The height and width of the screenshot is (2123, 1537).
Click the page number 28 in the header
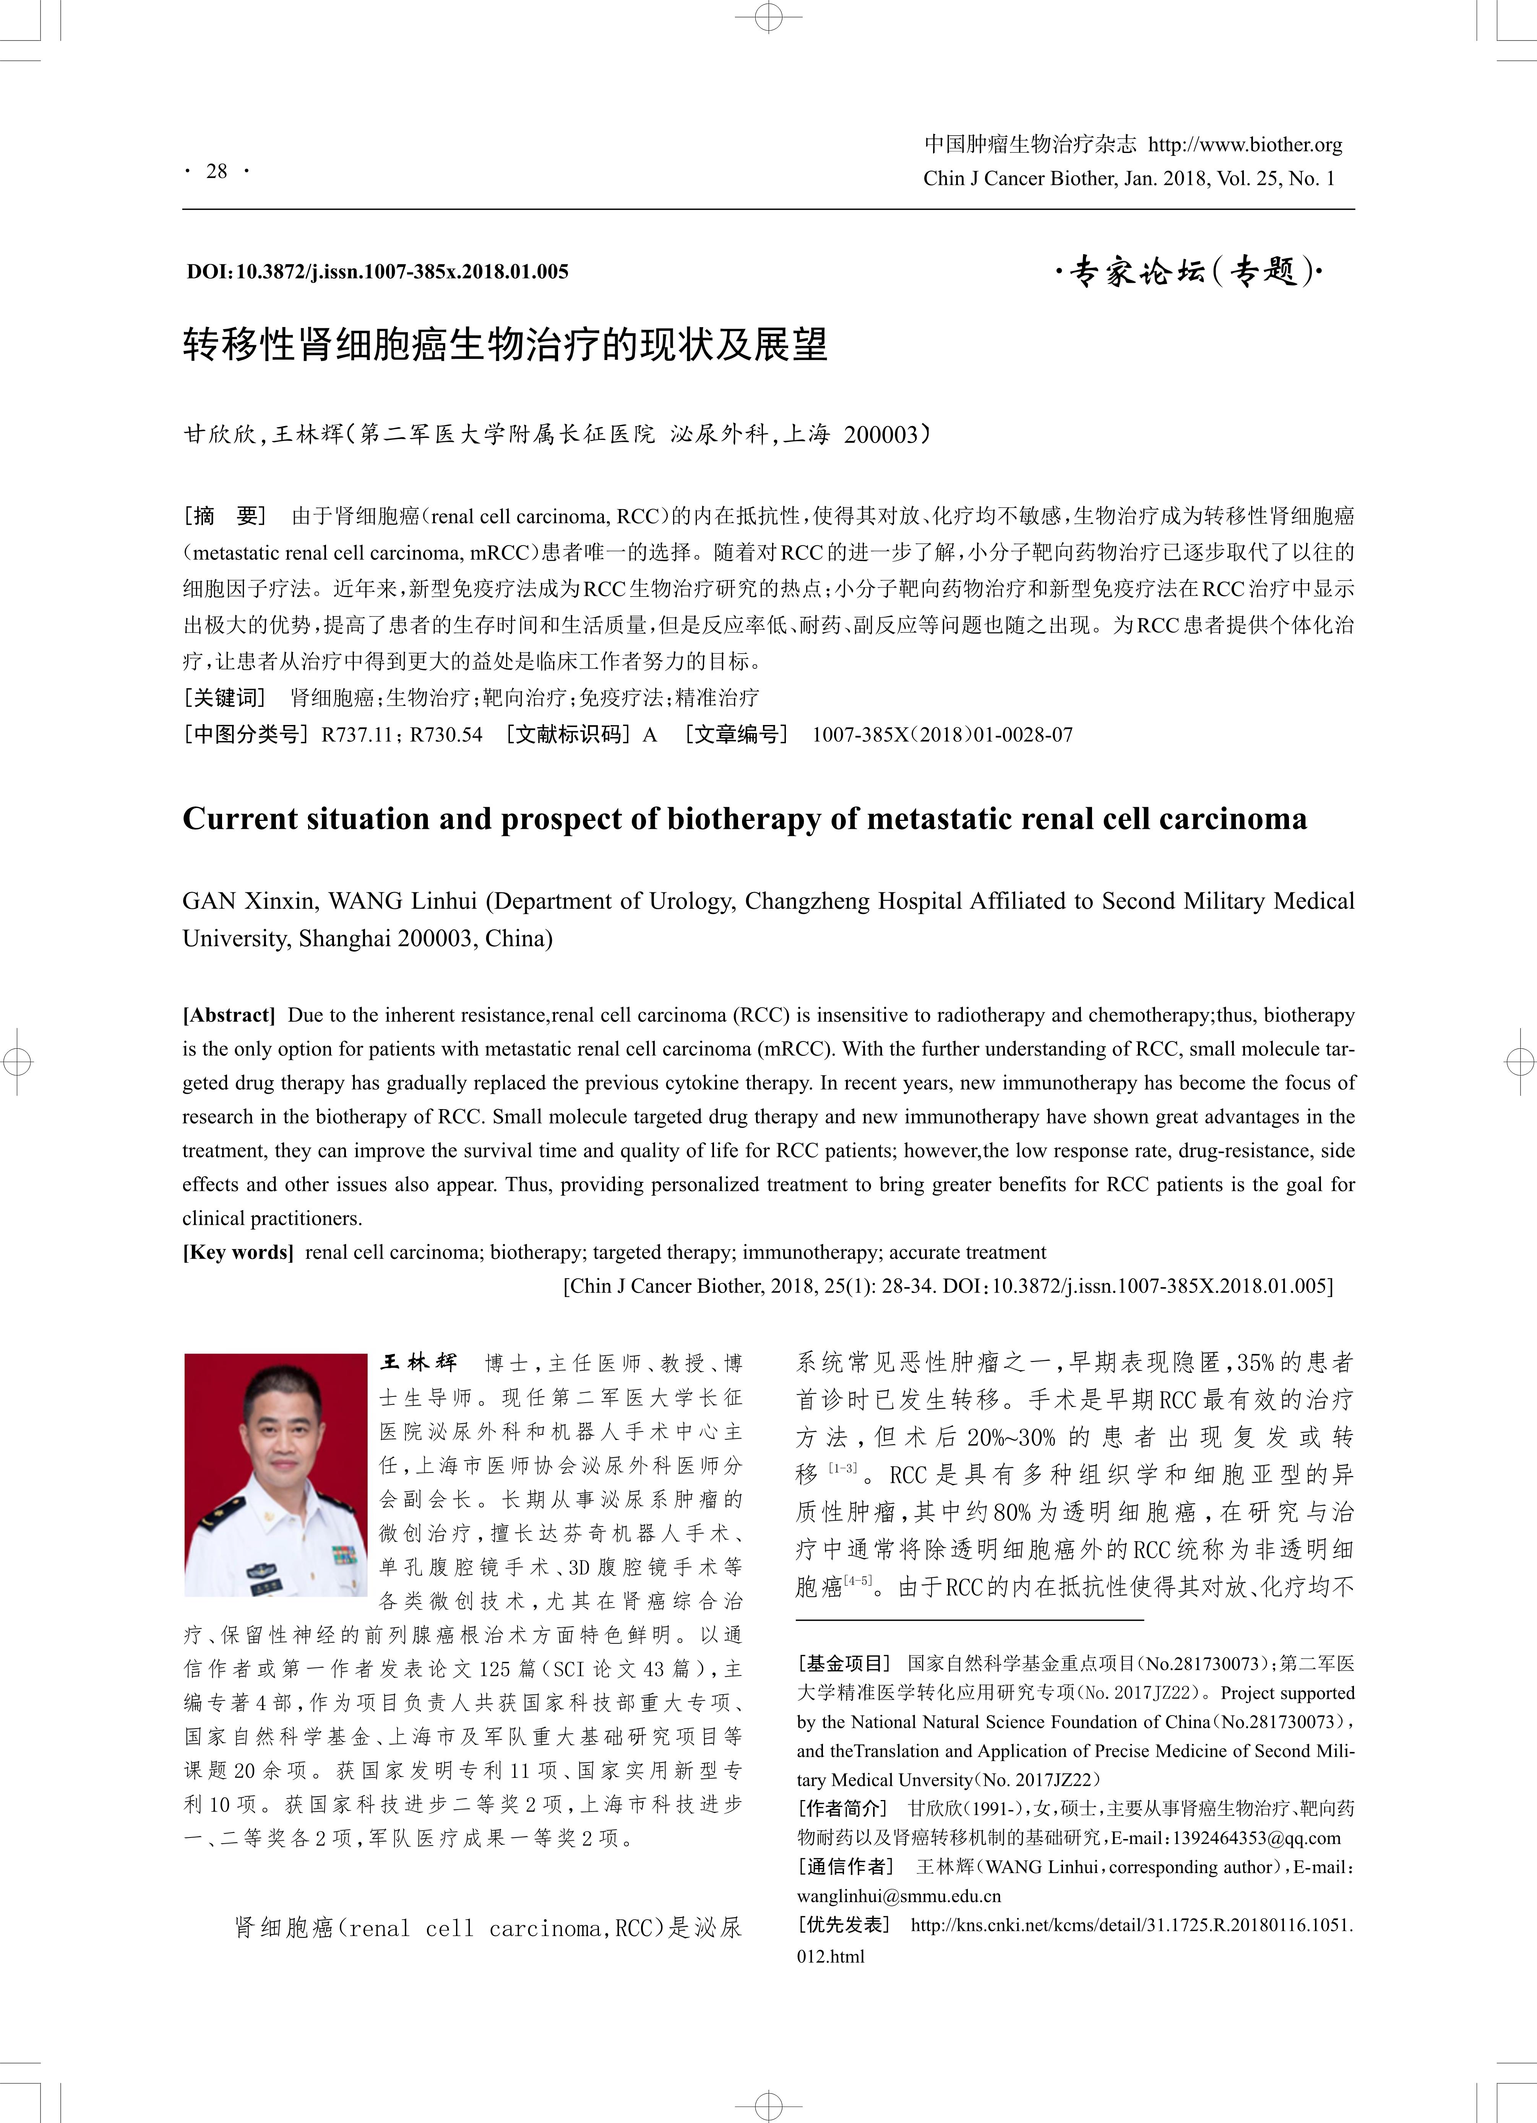coord(216,171)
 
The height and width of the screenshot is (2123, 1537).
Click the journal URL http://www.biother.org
coord(1245,144)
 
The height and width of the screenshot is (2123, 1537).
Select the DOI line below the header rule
coord(377,271)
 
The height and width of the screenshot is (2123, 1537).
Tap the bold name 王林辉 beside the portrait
coord(419,1363)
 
